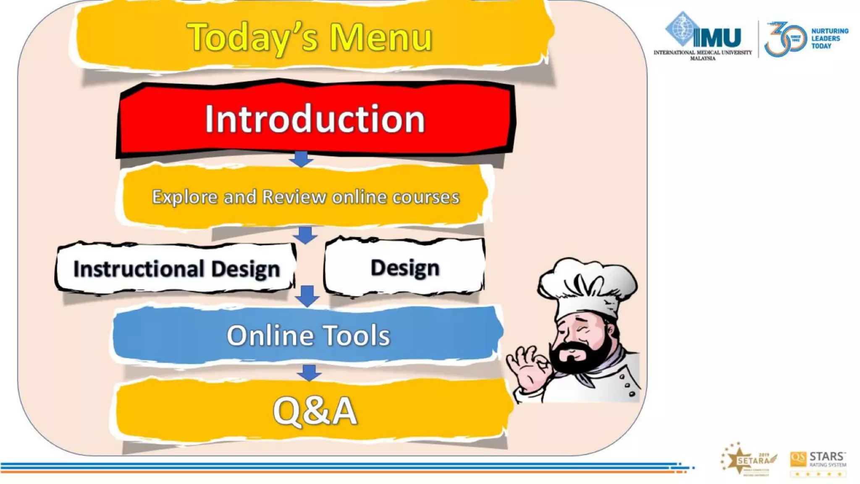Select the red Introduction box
[x=315, y=119]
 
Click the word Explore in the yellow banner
[x=184, y=197]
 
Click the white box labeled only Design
[x=405, y=268]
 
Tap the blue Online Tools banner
[x=308, y=335]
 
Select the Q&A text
[x=315, y=411]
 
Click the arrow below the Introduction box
[x=301, y=159]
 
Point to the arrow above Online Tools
[x=307, y=296]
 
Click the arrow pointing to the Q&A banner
[x=309, y=373]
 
